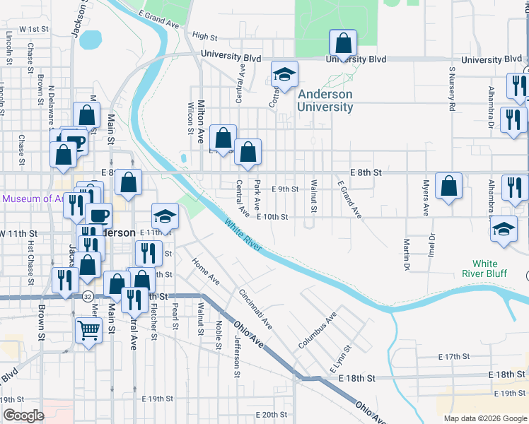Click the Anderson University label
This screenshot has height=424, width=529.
[x=325, y=100]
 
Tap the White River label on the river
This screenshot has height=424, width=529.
[x=243, y=236]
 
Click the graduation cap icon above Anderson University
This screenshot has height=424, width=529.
[x=284, y=75]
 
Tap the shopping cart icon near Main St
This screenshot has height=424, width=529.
[x=88, y=329]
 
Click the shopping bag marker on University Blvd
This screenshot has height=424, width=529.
[x=343, y=45]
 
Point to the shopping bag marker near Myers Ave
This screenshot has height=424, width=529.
[x=449, y=187]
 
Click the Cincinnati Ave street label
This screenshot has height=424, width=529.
[x=255, y=309]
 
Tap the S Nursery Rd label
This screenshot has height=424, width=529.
[x=451, y=89]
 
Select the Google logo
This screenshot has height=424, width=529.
[x=23, y=416]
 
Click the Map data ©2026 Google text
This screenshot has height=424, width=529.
[x=485, y=418]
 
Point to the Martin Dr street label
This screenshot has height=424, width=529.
[x=407, y=254]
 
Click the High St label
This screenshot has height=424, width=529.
[x=204, y=36]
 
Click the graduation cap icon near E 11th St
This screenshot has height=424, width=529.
[x=165, y=216]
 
